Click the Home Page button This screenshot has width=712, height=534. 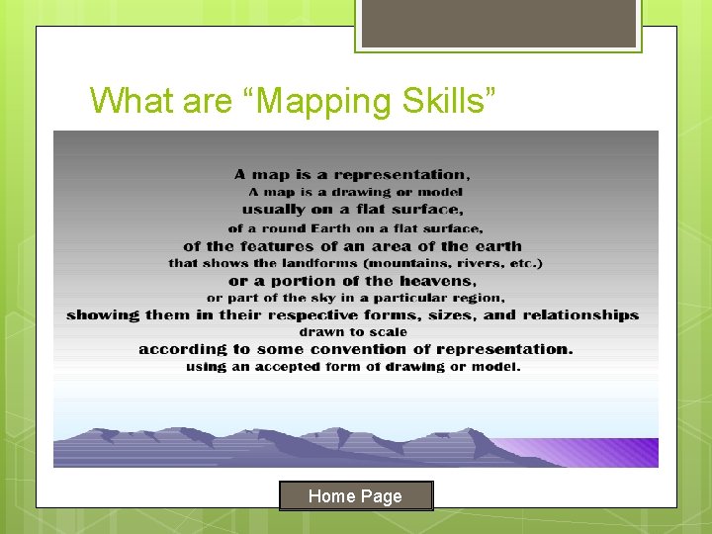pos(355,495)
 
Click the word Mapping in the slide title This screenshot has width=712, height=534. pos(321,100)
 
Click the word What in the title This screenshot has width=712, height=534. pos(124,100)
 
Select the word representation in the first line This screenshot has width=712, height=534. pos(400,175)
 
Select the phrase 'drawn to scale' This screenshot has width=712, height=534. pos(353,332)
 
